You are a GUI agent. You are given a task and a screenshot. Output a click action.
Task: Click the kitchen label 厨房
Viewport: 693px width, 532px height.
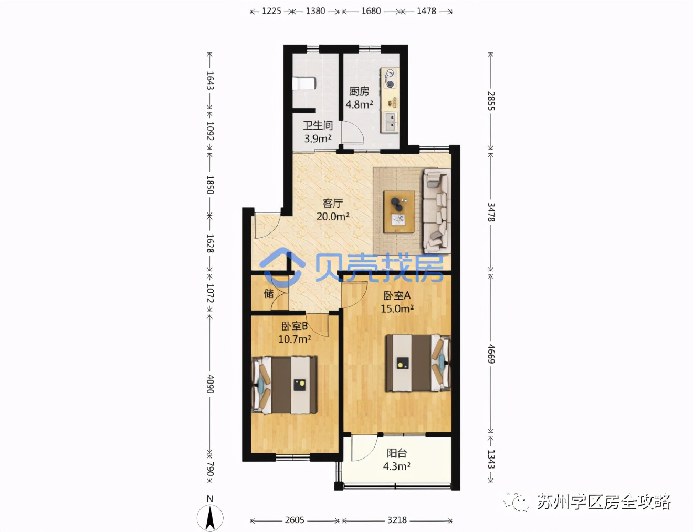click(x=359, y=91)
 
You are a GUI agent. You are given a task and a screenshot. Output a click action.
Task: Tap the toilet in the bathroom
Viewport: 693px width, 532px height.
click(x=304, y=83)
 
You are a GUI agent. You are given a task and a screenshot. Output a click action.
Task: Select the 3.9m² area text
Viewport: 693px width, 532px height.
click(x=318, y=139)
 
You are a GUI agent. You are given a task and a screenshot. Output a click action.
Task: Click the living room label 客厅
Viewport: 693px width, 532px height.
click(x=333, y=203)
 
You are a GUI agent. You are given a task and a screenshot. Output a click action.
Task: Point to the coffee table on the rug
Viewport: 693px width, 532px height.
click(x=399, y=212)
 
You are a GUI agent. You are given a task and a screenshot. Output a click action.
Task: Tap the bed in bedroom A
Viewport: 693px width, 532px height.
click(x=418, y=363)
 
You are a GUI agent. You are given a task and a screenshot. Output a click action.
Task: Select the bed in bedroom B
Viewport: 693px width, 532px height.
click(x=285, y=385)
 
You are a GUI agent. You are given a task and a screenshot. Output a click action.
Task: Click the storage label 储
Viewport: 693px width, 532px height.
click(x=269, y=293)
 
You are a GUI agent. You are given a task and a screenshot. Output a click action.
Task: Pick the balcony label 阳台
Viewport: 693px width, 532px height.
click(x=396, y=453)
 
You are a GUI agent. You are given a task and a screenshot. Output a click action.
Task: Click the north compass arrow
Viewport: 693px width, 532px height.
click(x=210, y=517)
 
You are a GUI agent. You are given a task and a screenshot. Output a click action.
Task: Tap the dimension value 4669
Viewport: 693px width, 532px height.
click(x=491, y=354)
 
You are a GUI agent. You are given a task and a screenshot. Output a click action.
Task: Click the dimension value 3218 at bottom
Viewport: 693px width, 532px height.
click(x=397, y=520)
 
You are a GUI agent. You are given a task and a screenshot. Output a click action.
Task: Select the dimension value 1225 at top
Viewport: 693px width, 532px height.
click(x=271, y=11)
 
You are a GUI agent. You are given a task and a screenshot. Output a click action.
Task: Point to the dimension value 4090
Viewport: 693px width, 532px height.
click(x=210, y=384)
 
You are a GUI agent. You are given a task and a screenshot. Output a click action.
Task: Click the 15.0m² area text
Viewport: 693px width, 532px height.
click(x=397, y=309)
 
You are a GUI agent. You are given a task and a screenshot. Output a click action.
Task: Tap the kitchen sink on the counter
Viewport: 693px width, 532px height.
click(x=390, y=122)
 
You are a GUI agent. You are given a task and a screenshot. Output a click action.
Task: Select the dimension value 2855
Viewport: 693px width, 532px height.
click(x=491, y=101)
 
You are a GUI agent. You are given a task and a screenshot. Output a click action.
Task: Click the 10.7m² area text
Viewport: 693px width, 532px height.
click(x=295, y=339)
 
